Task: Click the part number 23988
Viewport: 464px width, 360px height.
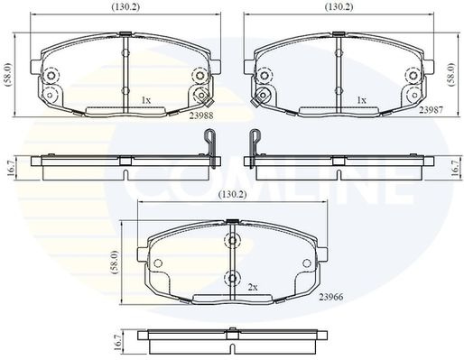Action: pos(201,115)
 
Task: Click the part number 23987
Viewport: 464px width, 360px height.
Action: pos(432,110)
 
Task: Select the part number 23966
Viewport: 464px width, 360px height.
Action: pos(331,297)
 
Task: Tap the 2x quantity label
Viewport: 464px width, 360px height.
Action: pos(253,288)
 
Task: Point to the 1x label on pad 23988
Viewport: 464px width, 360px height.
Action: pos(146,100)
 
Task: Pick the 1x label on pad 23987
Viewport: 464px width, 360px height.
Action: pos(361,100)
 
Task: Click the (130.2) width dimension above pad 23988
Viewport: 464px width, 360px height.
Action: pos(125,7)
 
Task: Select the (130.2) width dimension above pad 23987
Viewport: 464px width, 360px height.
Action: pos(339,7)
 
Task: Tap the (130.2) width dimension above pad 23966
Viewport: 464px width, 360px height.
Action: pos(233,195)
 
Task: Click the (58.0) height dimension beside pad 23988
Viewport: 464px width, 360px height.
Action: pos(8,75)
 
